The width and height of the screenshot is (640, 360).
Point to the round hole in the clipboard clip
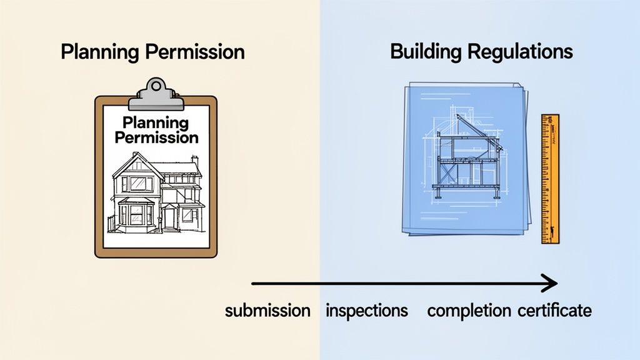click(156, 85)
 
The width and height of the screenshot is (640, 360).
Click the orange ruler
click(550, 178)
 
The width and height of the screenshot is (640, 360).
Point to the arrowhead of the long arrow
click(550, 284)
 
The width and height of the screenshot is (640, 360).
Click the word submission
click(267, 311)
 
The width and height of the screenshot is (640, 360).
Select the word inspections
click(367, 311)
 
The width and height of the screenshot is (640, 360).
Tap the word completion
click(469, 311)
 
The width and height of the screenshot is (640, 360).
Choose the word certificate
click(555, 311)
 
